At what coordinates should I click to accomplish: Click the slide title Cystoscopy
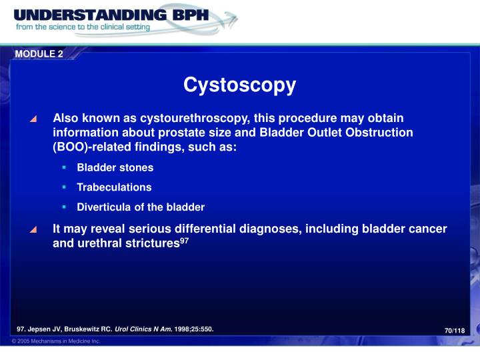pyautogui.click(x=239, y=85)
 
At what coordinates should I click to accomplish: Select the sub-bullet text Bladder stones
pyautogui.click(x=115, y=167)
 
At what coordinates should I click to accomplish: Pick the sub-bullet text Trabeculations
pyautogui.click(x=114, y=187)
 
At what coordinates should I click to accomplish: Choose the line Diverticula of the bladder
pyautogui.click(x=141, y=207)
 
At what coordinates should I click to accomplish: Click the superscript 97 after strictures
pyautogui.click(x=185, y=240)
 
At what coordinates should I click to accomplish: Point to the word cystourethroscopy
pyautogui.click(x=184, y=118)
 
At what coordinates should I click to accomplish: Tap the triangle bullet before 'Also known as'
pyautogui.click(x=33, y=119)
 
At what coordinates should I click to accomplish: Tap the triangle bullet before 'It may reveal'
pyautogui.click(x=33, y=230)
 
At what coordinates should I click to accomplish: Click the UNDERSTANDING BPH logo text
pyautogui.click(x=107, y=15)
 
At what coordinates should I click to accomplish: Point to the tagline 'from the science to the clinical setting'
pyautogui.click(x=83, y=28)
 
